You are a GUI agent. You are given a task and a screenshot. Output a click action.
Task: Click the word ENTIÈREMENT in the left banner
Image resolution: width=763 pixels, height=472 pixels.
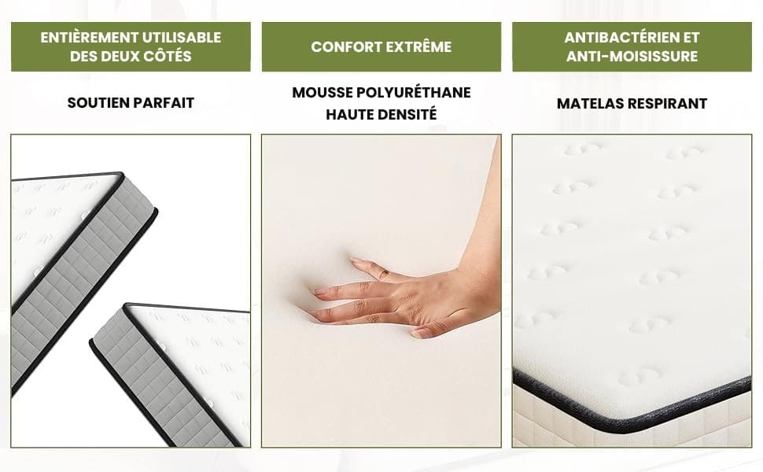[x=83, y=38]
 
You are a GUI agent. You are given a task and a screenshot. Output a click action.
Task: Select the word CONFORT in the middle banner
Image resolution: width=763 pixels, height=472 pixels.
[x=344, y=46]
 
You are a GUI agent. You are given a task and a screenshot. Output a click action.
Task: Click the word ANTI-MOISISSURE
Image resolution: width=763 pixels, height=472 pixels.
[x=632, y=56]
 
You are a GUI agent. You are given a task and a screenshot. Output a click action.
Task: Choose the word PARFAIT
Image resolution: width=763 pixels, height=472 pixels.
[x=164, y=103]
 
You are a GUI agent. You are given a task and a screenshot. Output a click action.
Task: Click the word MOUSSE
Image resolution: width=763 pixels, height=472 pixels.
[x=323, y=93]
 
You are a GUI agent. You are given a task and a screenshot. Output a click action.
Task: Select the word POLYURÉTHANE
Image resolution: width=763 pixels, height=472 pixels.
[x=414, y=93]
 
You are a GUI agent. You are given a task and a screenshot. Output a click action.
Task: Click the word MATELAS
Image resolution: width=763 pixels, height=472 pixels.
[x=589, y=103]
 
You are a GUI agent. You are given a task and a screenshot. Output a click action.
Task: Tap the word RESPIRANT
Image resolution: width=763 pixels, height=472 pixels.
[x=667, y=103]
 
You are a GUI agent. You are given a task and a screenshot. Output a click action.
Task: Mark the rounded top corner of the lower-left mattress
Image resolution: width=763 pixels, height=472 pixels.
[x=127, y=306]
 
